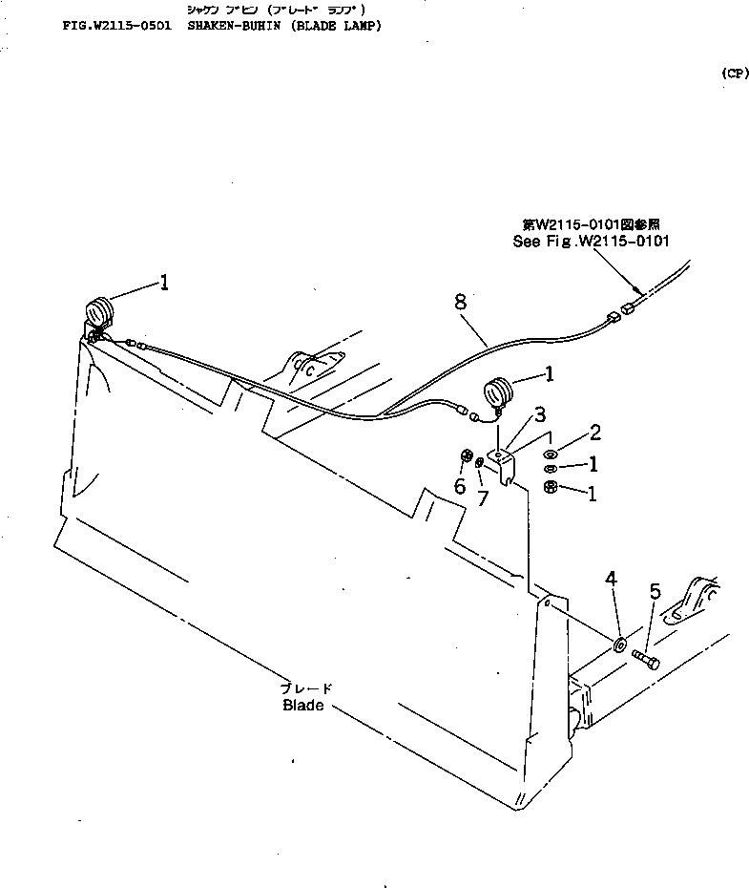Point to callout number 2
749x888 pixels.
point(594,433)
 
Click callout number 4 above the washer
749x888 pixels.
point(611,579)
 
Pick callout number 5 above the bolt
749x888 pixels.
point(655,592)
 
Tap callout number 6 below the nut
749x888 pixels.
point(459,486)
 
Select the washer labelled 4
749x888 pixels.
point(619,645)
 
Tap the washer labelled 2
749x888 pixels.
point(551,453)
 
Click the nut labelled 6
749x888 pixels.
point(468,455)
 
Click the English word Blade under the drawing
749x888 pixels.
point(303,706)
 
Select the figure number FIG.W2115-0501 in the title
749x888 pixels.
point(115,26)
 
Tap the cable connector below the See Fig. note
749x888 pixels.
point(627,307)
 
